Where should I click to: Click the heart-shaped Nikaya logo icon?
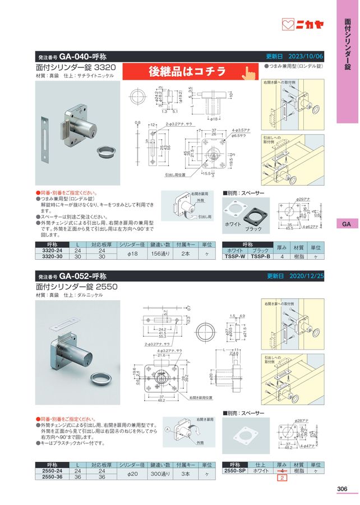(288, 25)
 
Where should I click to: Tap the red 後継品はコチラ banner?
(187, 71)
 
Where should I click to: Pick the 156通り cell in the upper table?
(158, 253)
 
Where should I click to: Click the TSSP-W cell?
(235, 256)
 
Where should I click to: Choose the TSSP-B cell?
(260, 256)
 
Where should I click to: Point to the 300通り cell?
(158, 474)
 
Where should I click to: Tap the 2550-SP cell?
(235, 471)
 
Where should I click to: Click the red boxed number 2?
(283, 478)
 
